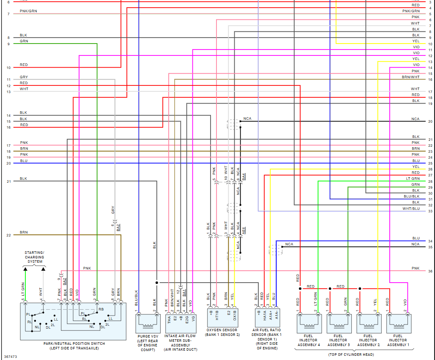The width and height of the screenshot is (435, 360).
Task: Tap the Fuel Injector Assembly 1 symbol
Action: coord(398,324)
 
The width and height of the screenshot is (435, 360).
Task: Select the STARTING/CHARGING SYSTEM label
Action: coord(34,257)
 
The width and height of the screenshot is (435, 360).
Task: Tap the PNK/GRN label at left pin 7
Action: coord(28,11)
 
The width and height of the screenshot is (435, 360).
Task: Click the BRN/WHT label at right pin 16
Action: coord(410,77)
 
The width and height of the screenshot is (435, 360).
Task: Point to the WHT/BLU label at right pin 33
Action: coord(411,209)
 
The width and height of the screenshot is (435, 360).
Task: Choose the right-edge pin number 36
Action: coord(430,271)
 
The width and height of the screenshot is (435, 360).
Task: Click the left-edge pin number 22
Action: coord(8,235)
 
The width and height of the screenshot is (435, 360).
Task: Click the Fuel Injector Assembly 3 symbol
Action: coord(338,324)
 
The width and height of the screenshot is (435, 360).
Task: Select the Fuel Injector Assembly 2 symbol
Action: coord(368,324)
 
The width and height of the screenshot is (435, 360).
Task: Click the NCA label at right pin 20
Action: coord(416,119)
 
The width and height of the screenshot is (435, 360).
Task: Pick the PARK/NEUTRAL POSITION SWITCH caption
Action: coord(74,344)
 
